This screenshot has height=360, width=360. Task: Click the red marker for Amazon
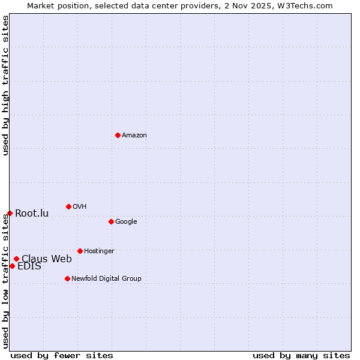click(118, 135)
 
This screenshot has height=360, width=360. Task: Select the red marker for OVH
click(68, 206)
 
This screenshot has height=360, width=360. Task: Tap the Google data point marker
click(111, 221)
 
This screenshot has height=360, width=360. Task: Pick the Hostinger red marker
click(80, 251)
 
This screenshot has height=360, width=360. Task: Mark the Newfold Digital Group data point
click(67, 278)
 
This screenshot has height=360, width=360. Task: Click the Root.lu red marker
click(10, 213)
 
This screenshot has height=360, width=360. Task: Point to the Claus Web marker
click(16, 259)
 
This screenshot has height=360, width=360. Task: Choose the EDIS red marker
click(12, 266)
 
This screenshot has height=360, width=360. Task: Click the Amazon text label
click(134, 136)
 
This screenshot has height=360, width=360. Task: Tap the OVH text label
click(80, 207)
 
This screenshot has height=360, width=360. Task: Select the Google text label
click(126, 222)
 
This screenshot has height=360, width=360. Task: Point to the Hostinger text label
click(99, 251)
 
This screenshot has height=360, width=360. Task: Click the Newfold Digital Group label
click(106, 279)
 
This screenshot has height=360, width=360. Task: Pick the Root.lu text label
click(32, 214)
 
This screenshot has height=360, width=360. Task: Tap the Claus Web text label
click(47, 259)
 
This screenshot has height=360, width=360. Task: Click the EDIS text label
click(29, 266)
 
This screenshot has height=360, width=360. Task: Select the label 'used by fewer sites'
click(62, 355)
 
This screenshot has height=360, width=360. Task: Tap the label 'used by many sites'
click(301, 355)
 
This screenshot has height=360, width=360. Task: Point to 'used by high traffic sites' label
click(5, 86)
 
